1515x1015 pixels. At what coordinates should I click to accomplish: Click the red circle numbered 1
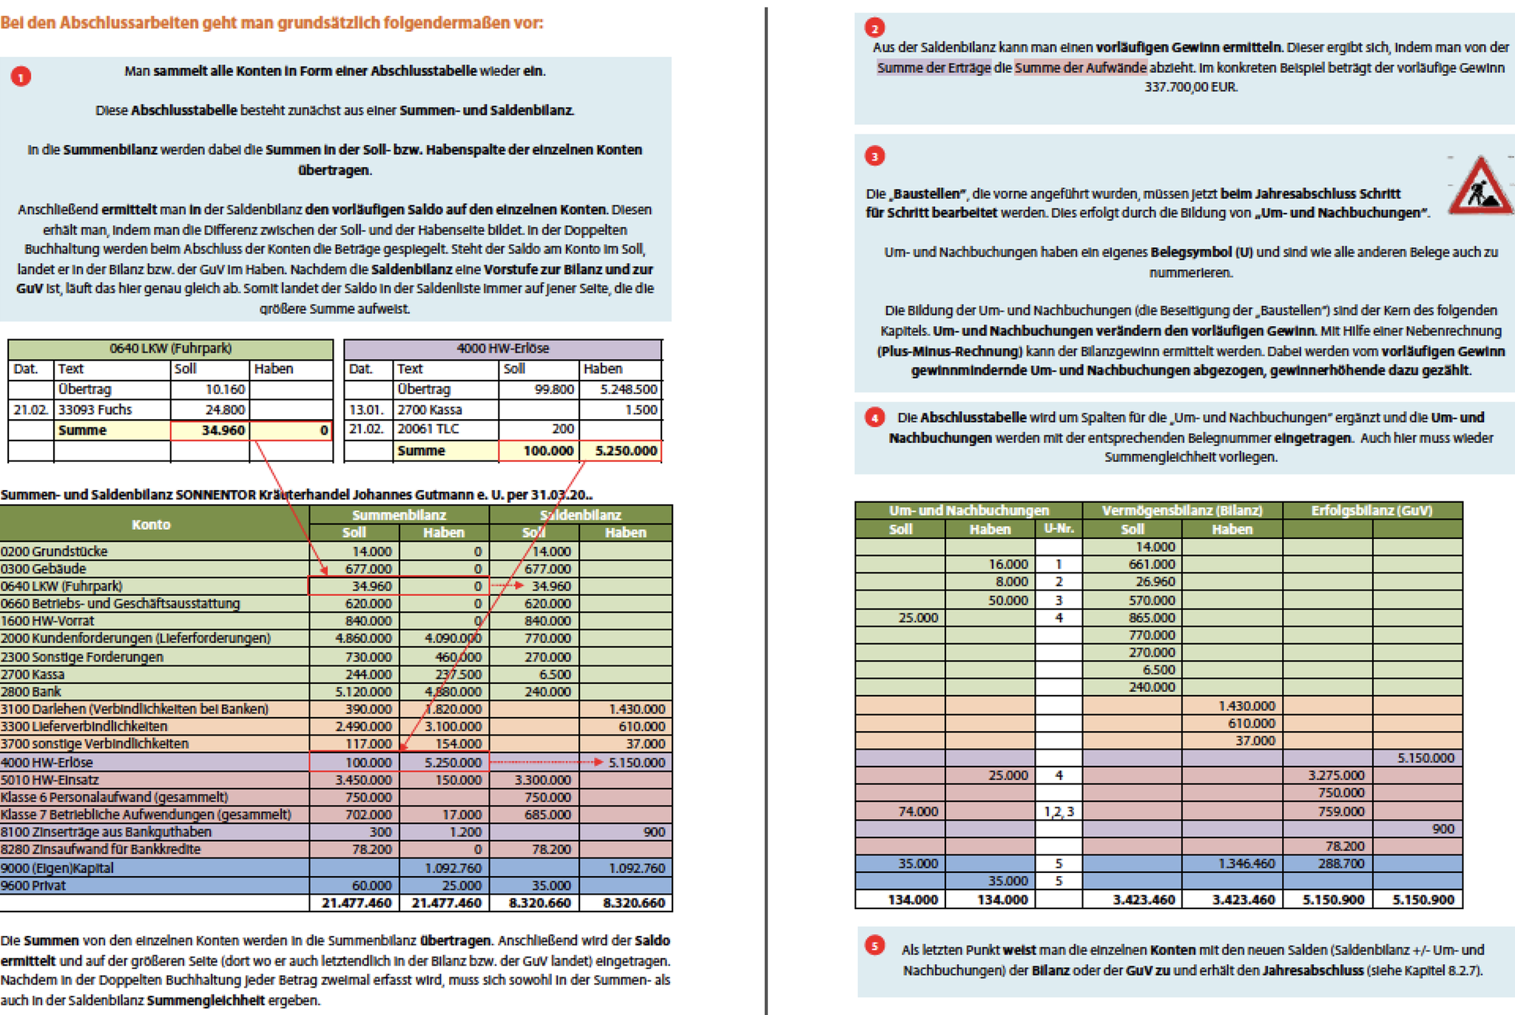click(x=21, y=76)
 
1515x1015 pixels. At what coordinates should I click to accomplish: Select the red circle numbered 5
click(x=874, y=946)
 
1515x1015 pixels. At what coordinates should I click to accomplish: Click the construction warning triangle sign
click(x=1480, y=186)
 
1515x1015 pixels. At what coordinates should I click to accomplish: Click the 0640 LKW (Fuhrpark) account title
click(x=170, y=348)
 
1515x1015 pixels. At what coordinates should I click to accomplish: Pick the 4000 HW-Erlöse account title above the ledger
click(x=502, y=348)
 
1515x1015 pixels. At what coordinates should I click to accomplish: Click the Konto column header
click(x=151, y=524)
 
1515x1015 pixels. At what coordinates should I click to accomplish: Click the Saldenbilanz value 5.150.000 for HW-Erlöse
click(x=636, y=762)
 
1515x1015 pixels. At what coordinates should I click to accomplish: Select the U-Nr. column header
click(x=1059, y=529)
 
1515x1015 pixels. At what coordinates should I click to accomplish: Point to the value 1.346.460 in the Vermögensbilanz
click(x=1246, y=863)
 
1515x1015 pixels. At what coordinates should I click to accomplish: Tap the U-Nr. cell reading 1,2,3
click(x=1059, y=811)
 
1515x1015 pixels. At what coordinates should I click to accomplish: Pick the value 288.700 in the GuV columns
click(x=1340, y=863)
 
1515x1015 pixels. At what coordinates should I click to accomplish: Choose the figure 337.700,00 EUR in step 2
click(x=1190, y=86)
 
